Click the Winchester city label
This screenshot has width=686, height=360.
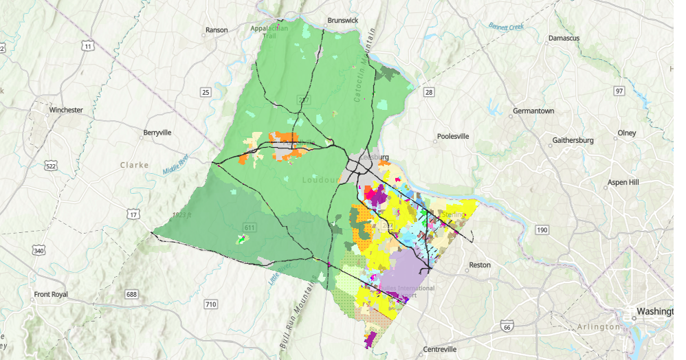(66, 110)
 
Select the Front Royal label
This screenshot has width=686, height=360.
(52, 295)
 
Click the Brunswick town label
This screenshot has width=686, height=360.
(343, 21)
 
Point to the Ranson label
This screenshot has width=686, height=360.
(216, 31)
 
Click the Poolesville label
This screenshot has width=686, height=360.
(452, 136)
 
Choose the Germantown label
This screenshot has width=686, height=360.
(533, 111)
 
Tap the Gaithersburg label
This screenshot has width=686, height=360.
(573, 141)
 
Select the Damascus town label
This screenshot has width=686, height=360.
(564, 38)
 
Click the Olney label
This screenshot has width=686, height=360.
(626, 133)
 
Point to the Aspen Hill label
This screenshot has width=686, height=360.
(623, 183)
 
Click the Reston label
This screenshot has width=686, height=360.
(480, 265)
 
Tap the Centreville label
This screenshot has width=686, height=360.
(440, 350)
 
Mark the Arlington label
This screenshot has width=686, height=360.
(600, 327)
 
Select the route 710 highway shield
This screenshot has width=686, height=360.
(211, 304)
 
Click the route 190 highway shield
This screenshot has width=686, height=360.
(542, 229)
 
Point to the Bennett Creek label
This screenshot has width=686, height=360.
(506, 26)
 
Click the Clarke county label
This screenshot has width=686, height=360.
(134, 165)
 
